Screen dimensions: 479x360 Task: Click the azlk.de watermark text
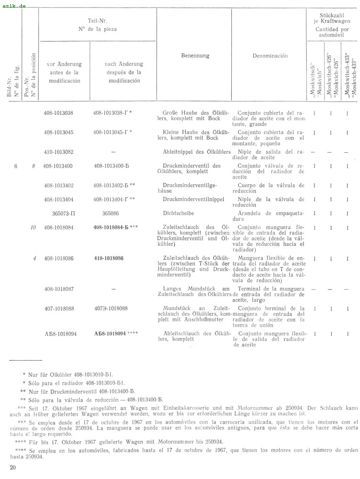pyautogui.click(x=14, y=6)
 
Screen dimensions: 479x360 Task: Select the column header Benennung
pyautogui.click(x=195, y=56)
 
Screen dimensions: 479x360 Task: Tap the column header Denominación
pyautogui.click(x=270, y=56)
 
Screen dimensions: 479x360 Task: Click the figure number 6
pyautogui.click(x=16, y=166)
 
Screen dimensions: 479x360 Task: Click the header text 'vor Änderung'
pyautogui.click(x=64, y=64)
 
